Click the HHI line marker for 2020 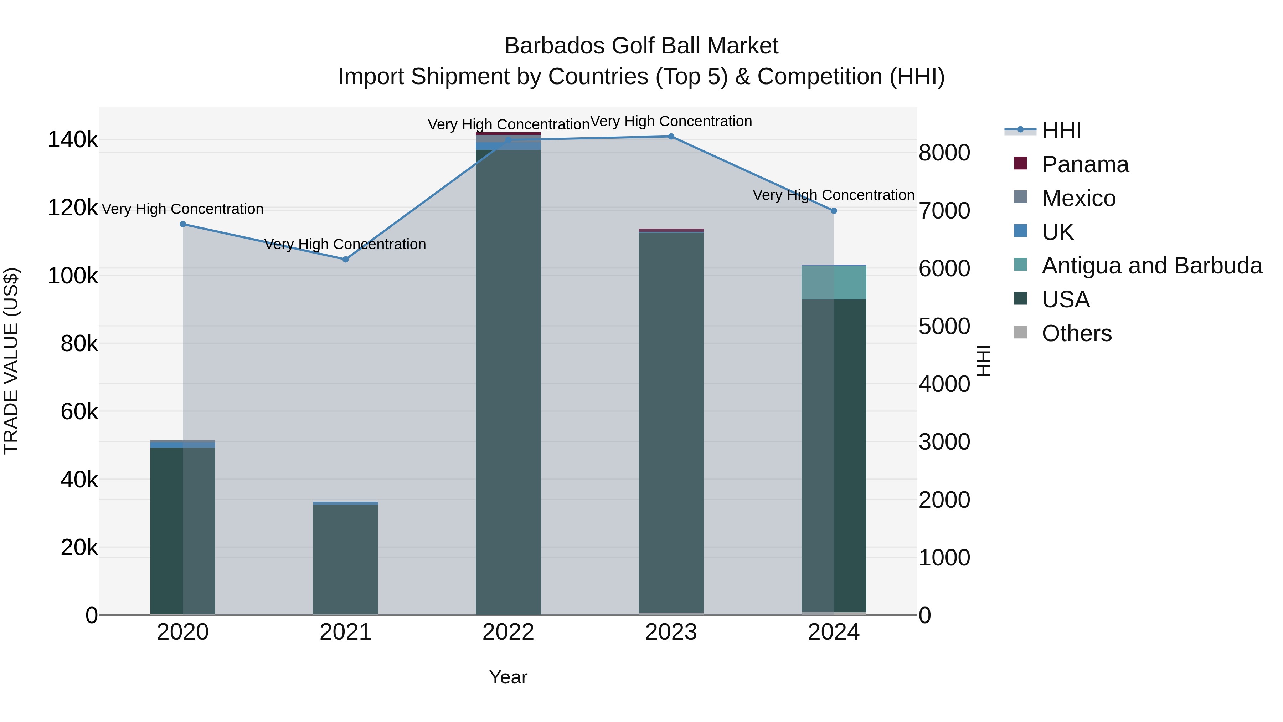183,224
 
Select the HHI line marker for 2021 346,259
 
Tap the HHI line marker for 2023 671,137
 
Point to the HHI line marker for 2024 834,211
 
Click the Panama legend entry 1085,164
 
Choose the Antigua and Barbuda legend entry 1151,266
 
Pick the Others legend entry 1076,333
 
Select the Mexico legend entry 1078,198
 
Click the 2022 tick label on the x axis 508,632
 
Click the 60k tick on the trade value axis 79,411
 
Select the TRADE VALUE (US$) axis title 11,361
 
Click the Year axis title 508,677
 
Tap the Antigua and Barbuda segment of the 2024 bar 834,282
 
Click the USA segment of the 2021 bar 346,558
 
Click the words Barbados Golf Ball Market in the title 641,46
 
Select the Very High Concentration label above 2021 345,244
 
